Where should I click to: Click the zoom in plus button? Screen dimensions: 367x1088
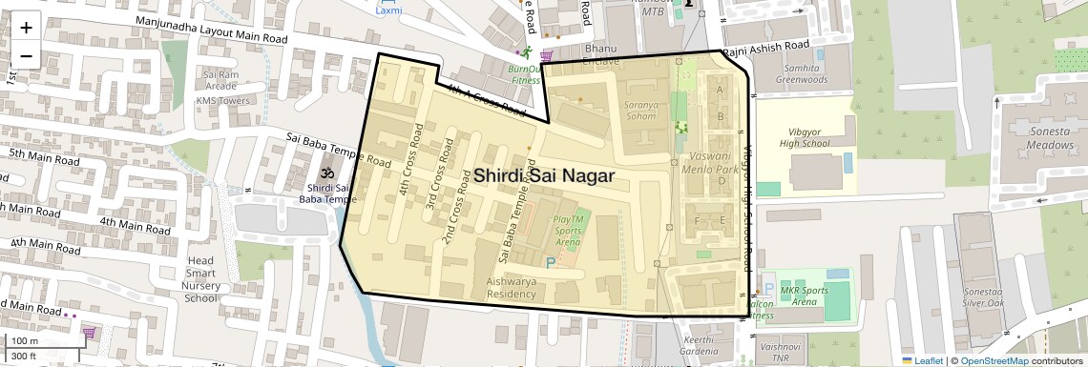point(26,28)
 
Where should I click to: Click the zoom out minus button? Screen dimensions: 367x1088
point(26,55)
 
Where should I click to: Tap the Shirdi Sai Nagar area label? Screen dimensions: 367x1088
point(544,176)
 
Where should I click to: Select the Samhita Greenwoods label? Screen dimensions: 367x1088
point(801,74)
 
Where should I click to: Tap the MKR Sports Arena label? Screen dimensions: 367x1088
point(799,296)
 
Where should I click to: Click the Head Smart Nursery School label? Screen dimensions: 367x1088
point(200,279)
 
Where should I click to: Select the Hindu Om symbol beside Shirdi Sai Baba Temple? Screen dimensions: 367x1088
point(324,174)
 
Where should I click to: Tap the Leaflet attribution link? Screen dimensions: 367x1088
point(924,360)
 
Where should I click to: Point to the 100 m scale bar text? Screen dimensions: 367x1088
point(24,341)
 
